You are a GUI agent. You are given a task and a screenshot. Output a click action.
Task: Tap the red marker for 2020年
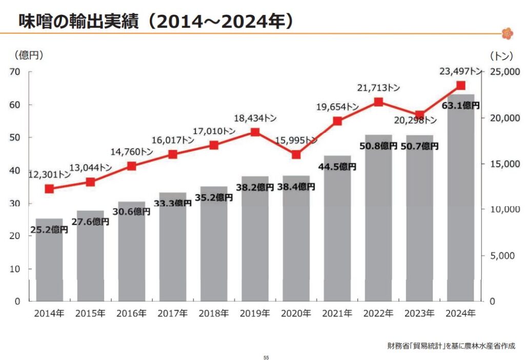(296, 154)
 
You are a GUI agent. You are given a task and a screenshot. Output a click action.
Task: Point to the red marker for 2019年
(255, 132)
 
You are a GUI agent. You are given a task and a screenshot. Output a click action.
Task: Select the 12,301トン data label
(49, 175)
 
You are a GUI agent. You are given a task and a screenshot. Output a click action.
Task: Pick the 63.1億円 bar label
(460, 105)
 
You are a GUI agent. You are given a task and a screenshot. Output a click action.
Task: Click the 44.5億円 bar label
(337, 167)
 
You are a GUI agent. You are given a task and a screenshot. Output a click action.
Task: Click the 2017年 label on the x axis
(172, 313)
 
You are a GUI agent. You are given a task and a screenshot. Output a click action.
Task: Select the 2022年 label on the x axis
(378, 313)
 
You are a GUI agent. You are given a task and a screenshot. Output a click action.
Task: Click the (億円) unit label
(29, 55)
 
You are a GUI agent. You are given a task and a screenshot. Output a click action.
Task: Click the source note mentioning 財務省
(451, 345)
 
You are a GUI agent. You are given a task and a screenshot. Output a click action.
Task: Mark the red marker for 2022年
(378, 102)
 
